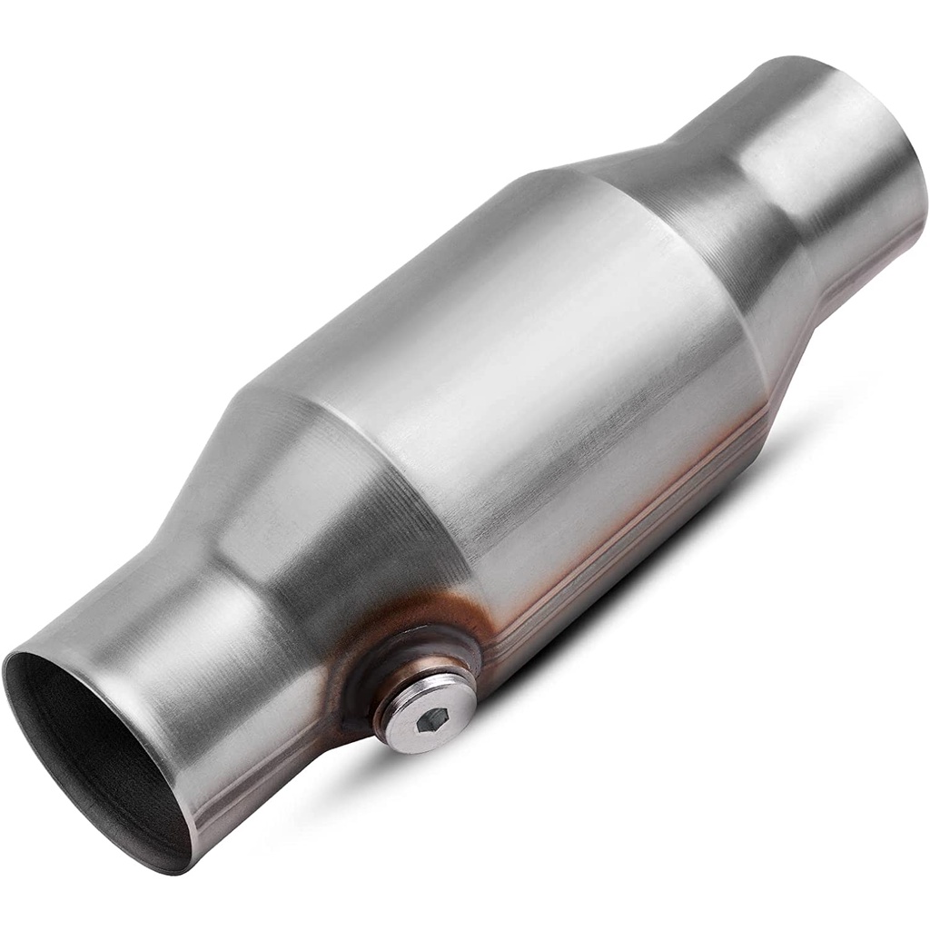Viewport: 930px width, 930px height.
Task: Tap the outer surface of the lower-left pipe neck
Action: tap(182, 636)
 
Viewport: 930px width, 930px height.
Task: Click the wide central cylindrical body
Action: tap(509, 363)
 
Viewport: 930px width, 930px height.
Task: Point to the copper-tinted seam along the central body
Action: tap(636, 527)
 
